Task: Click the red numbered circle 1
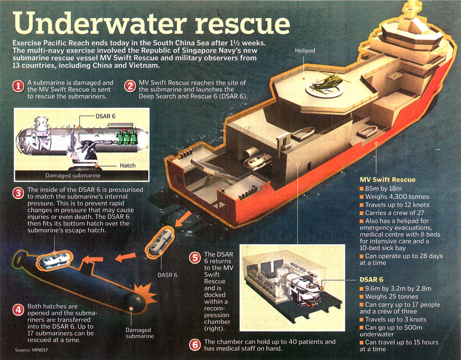tap(18, 86)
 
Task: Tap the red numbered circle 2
tap(130, 86)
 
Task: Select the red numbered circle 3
tap(18, 193)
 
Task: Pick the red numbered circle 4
tap(18, 310)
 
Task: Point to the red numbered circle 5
tap(195, 258)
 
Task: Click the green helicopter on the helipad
tap(324, 84)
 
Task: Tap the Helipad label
tap(305, 51)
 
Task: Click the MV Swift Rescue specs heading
tap(388, 179)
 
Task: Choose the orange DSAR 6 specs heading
tap(371, 279)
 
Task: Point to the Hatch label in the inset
tap(128, 165)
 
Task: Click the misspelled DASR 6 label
tap(167, 275)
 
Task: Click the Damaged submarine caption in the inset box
tap(73, 176)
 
